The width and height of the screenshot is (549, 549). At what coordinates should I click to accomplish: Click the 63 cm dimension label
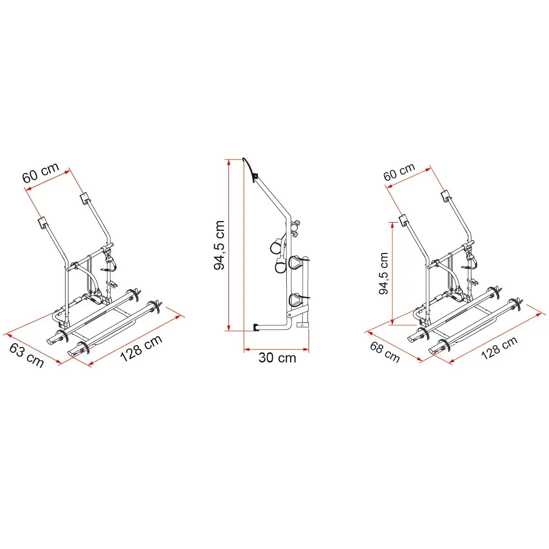(27, 355)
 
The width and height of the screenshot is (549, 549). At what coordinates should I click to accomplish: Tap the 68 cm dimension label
(385, 352)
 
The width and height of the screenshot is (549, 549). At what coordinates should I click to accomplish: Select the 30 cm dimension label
(277, 358)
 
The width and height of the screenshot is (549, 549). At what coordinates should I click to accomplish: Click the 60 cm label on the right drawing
(399, 172)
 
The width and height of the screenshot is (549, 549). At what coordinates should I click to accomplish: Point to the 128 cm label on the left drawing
(141, 348)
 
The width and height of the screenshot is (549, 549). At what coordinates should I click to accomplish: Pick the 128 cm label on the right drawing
(499, 348)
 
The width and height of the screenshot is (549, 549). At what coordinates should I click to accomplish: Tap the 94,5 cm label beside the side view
(219, 245)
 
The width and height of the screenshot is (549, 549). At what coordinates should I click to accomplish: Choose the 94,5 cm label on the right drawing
(384, 273)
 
